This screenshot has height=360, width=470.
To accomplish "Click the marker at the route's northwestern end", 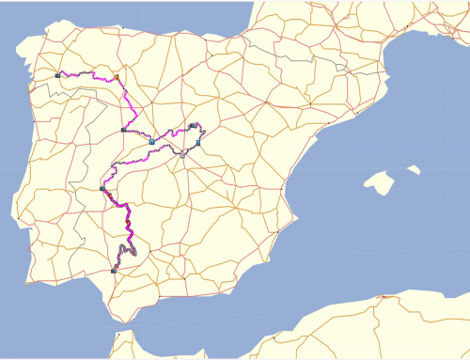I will [x=58, y=74].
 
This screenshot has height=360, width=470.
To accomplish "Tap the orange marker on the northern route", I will [x=116, y=77].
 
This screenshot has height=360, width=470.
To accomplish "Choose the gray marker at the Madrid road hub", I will [x=183, y=155].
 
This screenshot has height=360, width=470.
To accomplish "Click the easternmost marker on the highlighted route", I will [x=199, y=143].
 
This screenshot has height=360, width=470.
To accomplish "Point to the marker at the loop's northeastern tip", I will [x=192, y=125].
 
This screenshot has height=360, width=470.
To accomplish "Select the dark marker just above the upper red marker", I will [x=102, y=189].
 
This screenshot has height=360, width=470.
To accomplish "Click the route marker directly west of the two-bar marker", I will [x=123, y=131].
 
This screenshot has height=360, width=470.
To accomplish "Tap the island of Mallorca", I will [x=380, y=181].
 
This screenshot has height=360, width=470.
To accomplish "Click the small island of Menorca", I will [x=412, y=169].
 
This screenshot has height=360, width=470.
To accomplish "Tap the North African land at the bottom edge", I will [x=282, y=343].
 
